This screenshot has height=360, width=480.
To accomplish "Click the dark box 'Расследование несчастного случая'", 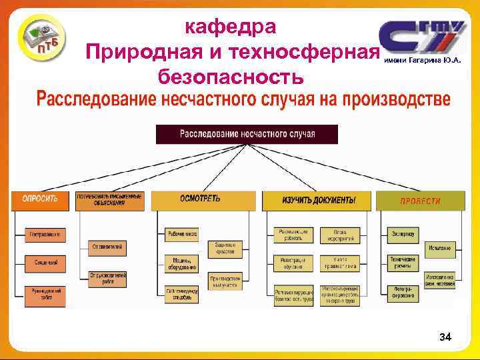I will coord(247,134).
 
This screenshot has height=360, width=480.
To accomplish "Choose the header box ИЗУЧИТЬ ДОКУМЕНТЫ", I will coord(317,200).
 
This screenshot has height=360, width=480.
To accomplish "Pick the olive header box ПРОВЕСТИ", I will coord(420,201).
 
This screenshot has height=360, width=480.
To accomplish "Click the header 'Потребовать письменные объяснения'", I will coord(109,200).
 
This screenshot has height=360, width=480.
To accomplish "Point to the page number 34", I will coord(445,338).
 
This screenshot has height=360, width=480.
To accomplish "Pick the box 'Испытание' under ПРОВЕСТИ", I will coord(440,249).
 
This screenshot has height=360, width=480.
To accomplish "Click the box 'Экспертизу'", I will coord(401,234).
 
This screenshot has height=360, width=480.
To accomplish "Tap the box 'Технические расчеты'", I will coord(401,263).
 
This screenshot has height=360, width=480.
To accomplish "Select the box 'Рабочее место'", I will coord(182,234).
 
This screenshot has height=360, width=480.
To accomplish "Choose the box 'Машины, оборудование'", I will coord(182,263).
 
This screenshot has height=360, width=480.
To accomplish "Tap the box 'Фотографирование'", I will coord(401,293).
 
